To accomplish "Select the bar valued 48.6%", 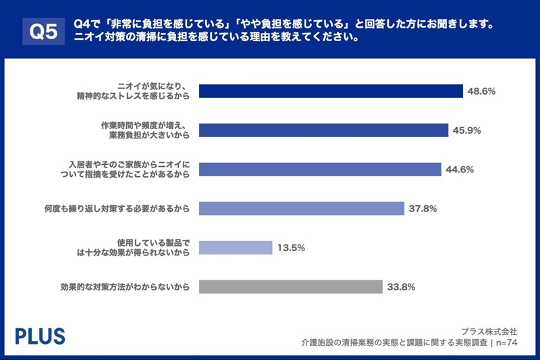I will (331, 91).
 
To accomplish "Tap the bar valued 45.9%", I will (325, 130).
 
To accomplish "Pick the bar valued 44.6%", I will (321, 170).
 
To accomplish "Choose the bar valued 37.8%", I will (302, 209).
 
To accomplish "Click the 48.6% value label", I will (481, 91).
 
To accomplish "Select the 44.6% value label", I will (460, 170).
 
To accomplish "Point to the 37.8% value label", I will (423, 209).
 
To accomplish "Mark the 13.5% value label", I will (291, 248).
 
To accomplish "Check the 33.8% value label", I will (401, 287).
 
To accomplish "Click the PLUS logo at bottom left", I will (40, 336).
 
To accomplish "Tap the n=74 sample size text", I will (506, 342).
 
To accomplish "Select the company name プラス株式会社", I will (489, 332).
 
